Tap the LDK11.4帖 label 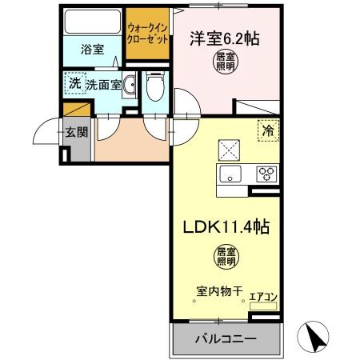click(x=226, y=226)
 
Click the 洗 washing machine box click(x=74, y=82)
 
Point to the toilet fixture click(x=154, y=87)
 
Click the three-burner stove click(x=266, y=173)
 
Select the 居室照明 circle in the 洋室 click(x=226, y=62)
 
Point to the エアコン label click(x=263, y=297)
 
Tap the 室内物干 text click(x=218, y=291)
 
